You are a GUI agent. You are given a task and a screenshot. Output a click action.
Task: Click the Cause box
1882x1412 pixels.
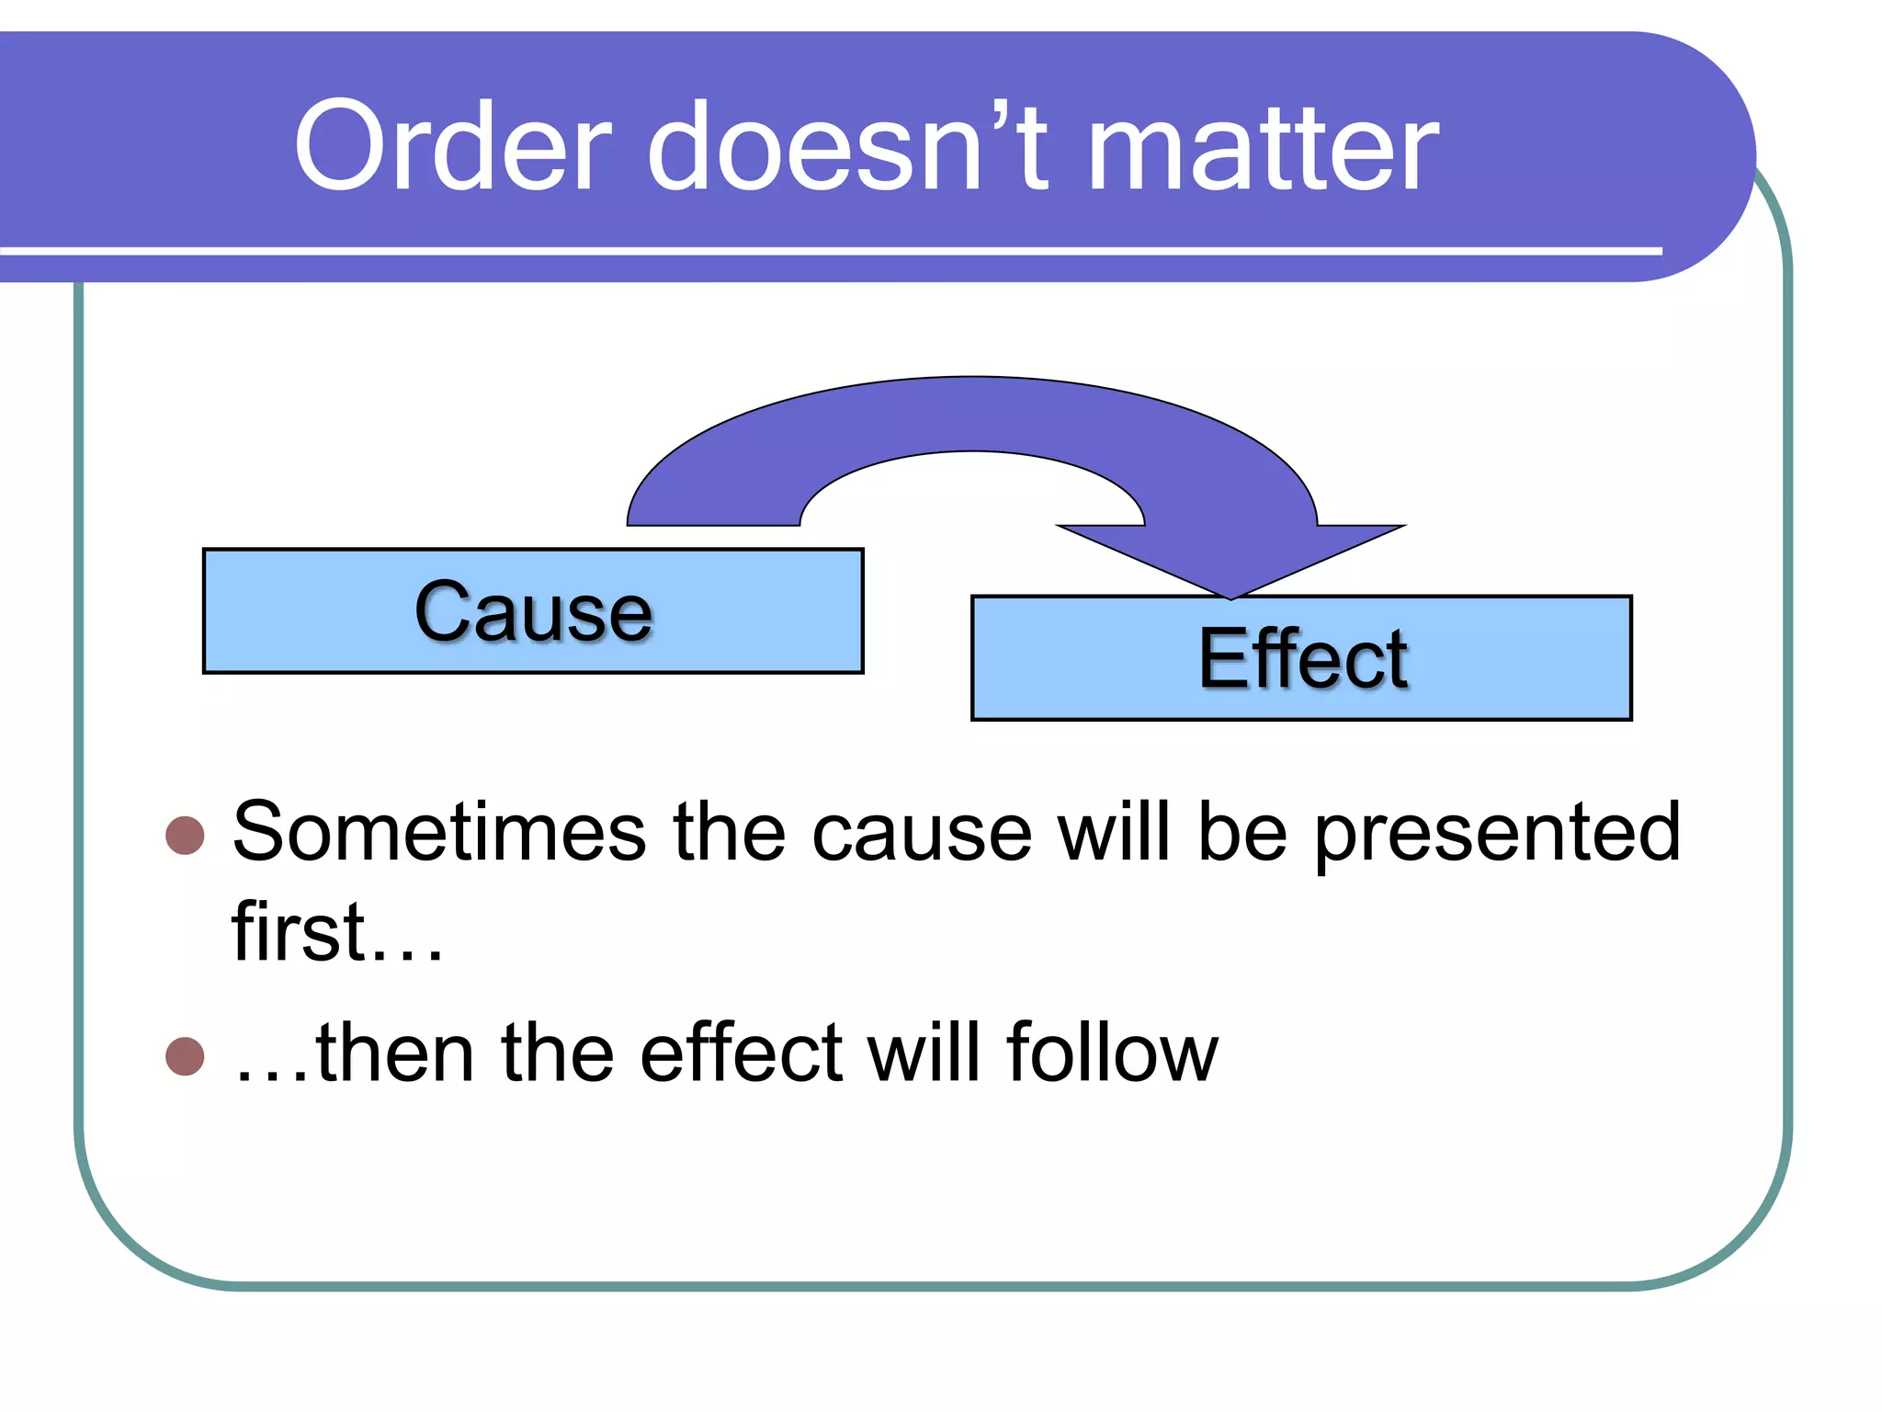[x=533, y=611]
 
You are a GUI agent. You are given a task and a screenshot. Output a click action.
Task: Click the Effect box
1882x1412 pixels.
[x=1301, y=658]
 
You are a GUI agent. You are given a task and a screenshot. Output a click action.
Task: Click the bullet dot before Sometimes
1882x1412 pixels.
[x=185, y=836]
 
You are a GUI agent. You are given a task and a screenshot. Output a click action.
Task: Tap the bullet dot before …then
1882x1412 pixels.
[x=185, y=1056]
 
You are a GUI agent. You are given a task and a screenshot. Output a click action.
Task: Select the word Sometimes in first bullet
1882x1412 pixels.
[x=439, y=832]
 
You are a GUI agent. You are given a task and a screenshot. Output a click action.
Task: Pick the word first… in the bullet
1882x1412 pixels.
[x=336, y=932]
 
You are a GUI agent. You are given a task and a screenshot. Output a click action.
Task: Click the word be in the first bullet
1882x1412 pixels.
[x=1242, y=832]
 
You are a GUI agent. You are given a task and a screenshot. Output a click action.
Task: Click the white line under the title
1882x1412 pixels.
[x=827, y=251]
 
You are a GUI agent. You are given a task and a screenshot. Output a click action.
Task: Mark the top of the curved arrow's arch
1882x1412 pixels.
[x=972, y=414]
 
